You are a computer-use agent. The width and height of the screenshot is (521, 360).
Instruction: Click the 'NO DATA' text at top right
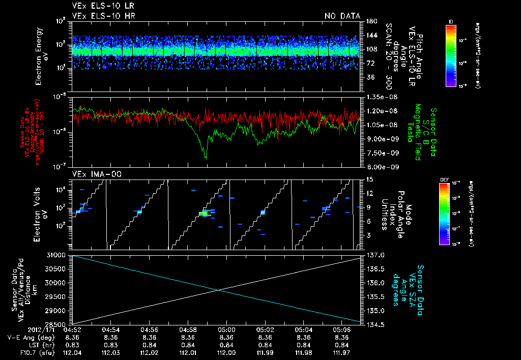342,16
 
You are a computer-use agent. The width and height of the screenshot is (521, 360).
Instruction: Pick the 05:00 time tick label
226,329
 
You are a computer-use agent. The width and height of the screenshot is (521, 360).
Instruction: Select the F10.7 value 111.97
342,352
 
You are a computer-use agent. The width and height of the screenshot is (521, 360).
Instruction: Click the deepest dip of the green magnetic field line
206,158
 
